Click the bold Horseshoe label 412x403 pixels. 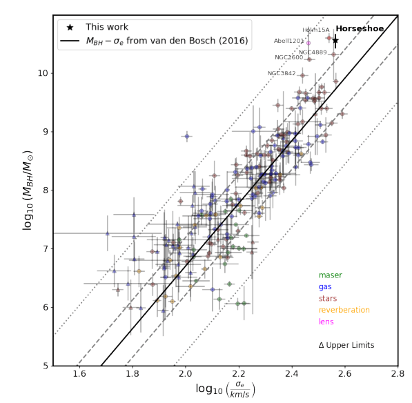tap(359, 30)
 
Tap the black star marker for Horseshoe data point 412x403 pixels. tap(335, 41)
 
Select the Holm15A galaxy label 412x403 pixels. tap(316, 30)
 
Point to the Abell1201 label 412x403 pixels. tap(289, 41)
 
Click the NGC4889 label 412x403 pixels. tap(313, 52)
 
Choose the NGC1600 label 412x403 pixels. tap(288, 58)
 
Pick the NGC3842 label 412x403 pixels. tap(282, 74)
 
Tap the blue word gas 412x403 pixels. tap(325, 287)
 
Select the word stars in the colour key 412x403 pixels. tap(327, 299)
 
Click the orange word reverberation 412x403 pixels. tap(344, 311)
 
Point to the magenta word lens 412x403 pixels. tap(326, 322)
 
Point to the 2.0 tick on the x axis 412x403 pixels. tap(186, 374)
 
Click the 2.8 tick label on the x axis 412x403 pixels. tap(398, 374)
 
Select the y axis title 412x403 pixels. tap(28, 190)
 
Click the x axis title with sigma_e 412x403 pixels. tap(226, 391)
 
